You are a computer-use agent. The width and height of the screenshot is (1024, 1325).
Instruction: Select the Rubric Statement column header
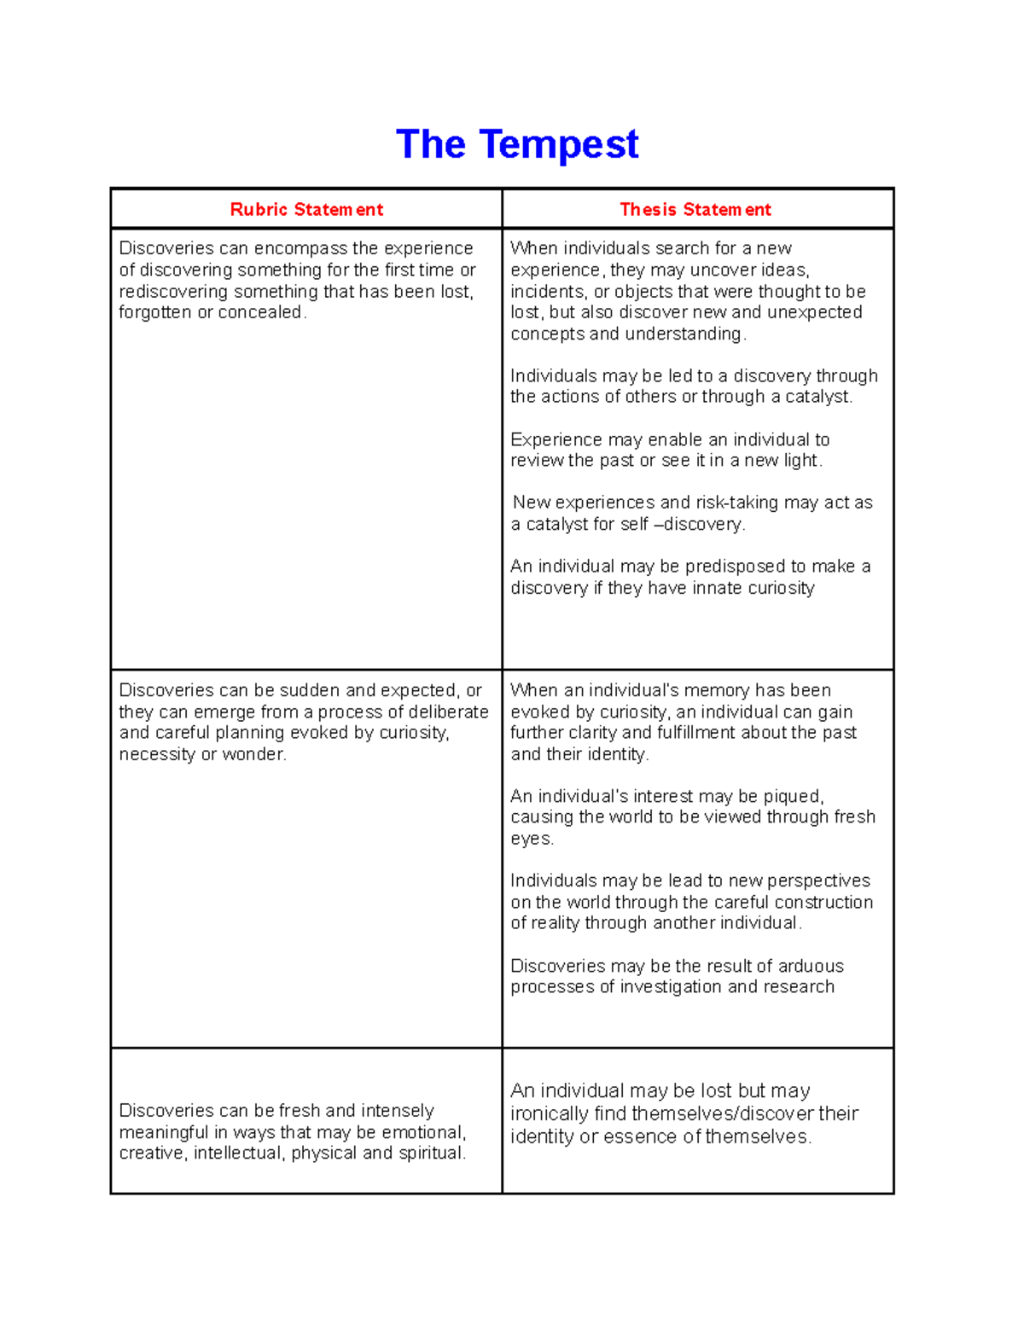(x=306, y=210)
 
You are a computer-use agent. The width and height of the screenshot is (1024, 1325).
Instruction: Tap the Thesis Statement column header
(x=695, y=210)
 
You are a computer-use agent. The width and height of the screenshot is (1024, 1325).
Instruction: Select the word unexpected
(x=814, y=313)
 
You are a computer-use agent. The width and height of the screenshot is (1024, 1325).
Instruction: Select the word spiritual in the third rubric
(x=429, y=1154)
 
